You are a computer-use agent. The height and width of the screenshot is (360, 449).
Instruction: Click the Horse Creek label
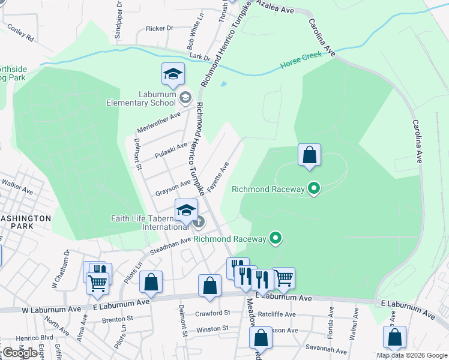(x=299, y=63)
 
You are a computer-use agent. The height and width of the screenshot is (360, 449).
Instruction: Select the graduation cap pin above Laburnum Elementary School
(x=173, y=74)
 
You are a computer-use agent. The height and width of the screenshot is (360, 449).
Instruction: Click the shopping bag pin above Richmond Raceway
(x=309, y=155)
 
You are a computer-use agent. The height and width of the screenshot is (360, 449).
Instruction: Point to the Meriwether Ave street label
(x=158, y=119)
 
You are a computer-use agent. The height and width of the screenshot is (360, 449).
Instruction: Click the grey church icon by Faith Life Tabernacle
(x=198, y=222)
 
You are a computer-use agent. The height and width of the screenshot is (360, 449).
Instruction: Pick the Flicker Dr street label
(x=159, y=28)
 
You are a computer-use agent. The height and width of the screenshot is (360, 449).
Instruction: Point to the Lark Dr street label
(x=199, y=58)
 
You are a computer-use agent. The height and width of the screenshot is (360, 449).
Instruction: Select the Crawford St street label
(x=212, y=313)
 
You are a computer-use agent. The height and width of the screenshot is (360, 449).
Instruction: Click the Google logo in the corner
(x=20, y=353)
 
